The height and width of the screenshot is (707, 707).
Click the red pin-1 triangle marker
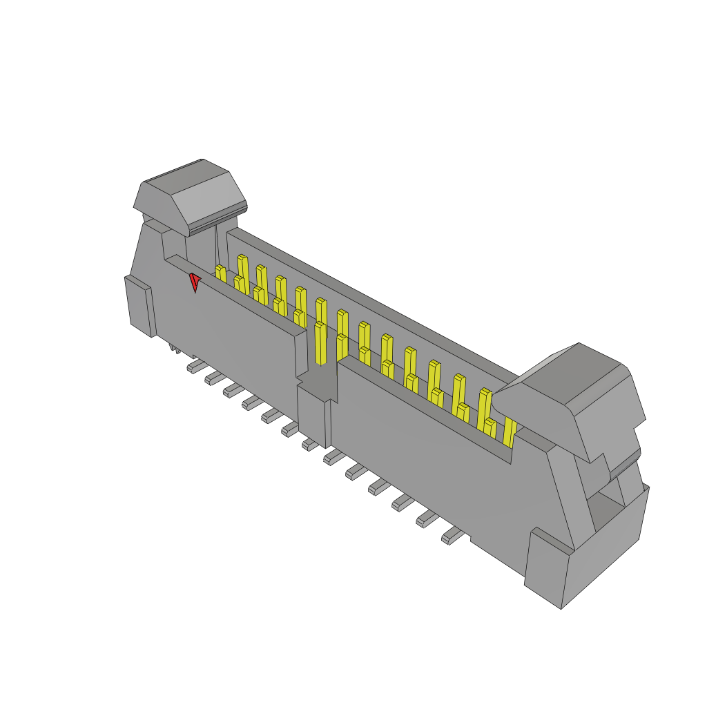pyautogui.click(x=195, y=281)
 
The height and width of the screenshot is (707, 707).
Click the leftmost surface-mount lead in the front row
pyautogui.click(x=195, y=365)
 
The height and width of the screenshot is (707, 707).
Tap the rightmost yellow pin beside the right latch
pyautogui.click(x=510, y=431)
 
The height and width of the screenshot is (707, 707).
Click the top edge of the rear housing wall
pyautogui.click(x=373, y=304)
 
